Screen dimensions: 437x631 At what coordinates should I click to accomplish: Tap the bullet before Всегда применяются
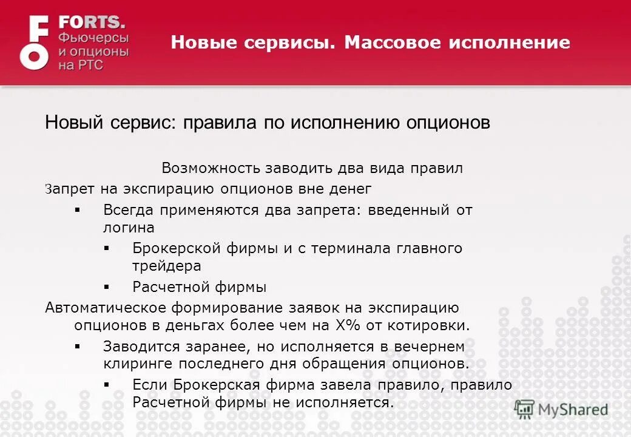[77, 210]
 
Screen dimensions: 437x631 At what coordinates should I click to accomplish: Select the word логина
[129, 228]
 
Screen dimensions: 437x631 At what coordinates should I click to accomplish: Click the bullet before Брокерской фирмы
[107, 248]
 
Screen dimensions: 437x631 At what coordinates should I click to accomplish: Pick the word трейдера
[166, 266]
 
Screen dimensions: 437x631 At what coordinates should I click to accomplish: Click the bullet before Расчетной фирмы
[107, 286]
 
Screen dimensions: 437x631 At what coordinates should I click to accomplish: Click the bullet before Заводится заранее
[77, 347]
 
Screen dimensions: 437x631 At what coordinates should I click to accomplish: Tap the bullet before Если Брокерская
[107, 385]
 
